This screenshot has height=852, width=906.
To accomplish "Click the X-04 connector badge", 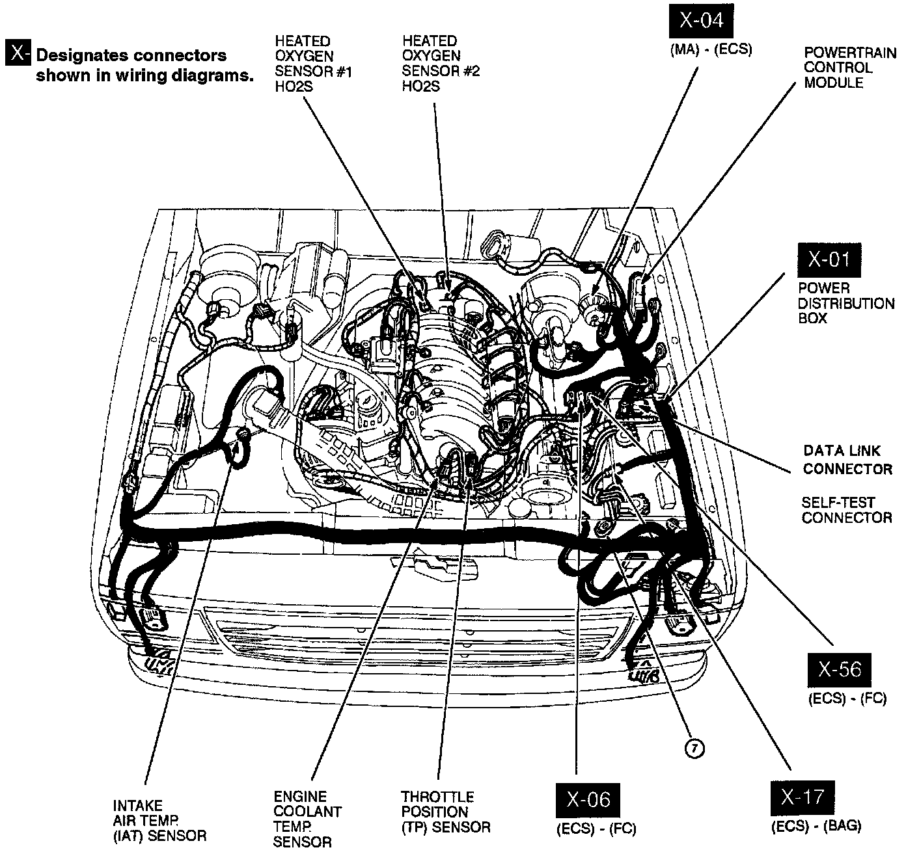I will pyautogui.click(x=701, y=21).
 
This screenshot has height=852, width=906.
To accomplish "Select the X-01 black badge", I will pyautogui.click(x=829, y=261).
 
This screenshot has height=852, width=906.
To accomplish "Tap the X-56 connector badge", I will pyautogui.click(x=839, y=670).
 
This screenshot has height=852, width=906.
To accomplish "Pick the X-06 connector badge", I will pyautogui.click(x=587, y=799).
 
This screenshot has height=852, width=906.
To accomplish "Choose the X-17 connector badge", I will pyautogui.click(x=802, y=798).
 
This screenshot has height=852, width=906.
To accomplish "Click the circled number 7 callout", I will pyautogui.click(x=694, y=749).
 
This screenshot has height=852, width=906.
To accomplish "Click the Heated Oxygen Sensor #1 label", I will pyautogui.click(x=312, y=64).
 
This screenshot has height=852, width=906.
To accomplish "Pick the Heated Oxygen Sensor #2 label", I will pyautogui.click(x=440, y=64).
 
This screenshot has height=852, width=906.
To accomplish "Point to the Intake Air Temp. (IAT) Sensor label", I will pyautogui.click(x=159, y=821).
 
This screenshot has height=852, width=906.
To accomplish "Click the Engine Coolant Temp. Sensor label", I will pyautogui.click(x=307, y=819).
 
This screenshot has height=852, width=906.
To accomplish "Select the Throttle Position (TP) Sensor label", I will pyautogui.click(x=445, y=812).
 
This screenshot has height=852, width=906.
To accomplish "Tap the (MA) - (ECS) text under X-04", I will pyautogui.click(x=711, y=50).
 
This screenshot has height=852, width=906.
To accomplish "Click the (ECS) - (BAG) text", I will pyautogui.click(x=816, y=827).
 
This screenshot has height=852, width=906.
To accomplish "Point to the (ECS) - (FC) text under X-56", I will pyautogui.click(x=847, y=700).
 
